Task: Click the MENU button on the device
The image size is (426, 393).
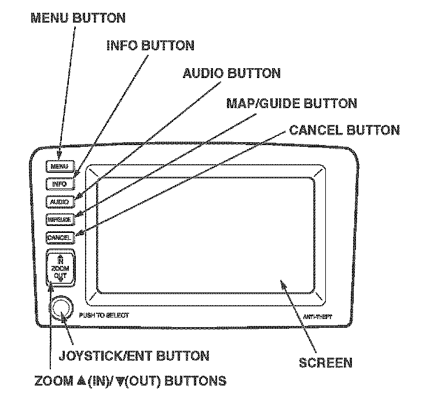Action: [59, 166]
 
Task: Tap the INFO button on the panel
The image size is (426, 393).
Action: [59, 184]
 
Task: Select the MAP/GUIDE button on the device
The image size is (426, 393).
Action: [59, 220]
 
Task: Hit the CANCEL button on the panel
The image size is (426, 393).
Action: [59, 238]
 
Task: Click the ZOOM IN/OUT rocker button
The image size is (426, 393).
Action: [61, 268]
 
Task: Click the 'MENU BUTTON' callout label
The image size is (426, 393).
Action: [77, 18]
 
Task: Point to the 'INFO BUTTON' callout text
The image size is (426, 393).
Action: [150, 45]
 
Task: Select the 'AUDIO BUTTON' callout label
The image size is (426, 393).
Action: [232, 73]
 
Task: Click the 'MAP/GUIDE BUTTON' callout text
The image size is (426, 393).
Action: [291, 103]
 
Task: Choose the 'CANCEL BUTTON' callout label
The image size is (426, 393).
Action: [344, 129]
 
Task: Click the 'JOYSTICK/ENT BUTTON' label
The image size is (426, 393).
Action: [134, 355]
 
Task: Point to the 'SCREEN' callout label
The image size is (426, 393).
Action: [325, 363]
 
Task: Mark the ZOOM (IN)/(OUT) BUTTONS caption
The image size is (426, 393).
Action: [130, 381]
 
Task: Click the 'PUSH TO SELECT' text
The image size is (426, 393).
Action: [104, 316]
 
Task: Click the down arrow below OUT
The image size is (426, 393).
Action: [61, 281]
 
